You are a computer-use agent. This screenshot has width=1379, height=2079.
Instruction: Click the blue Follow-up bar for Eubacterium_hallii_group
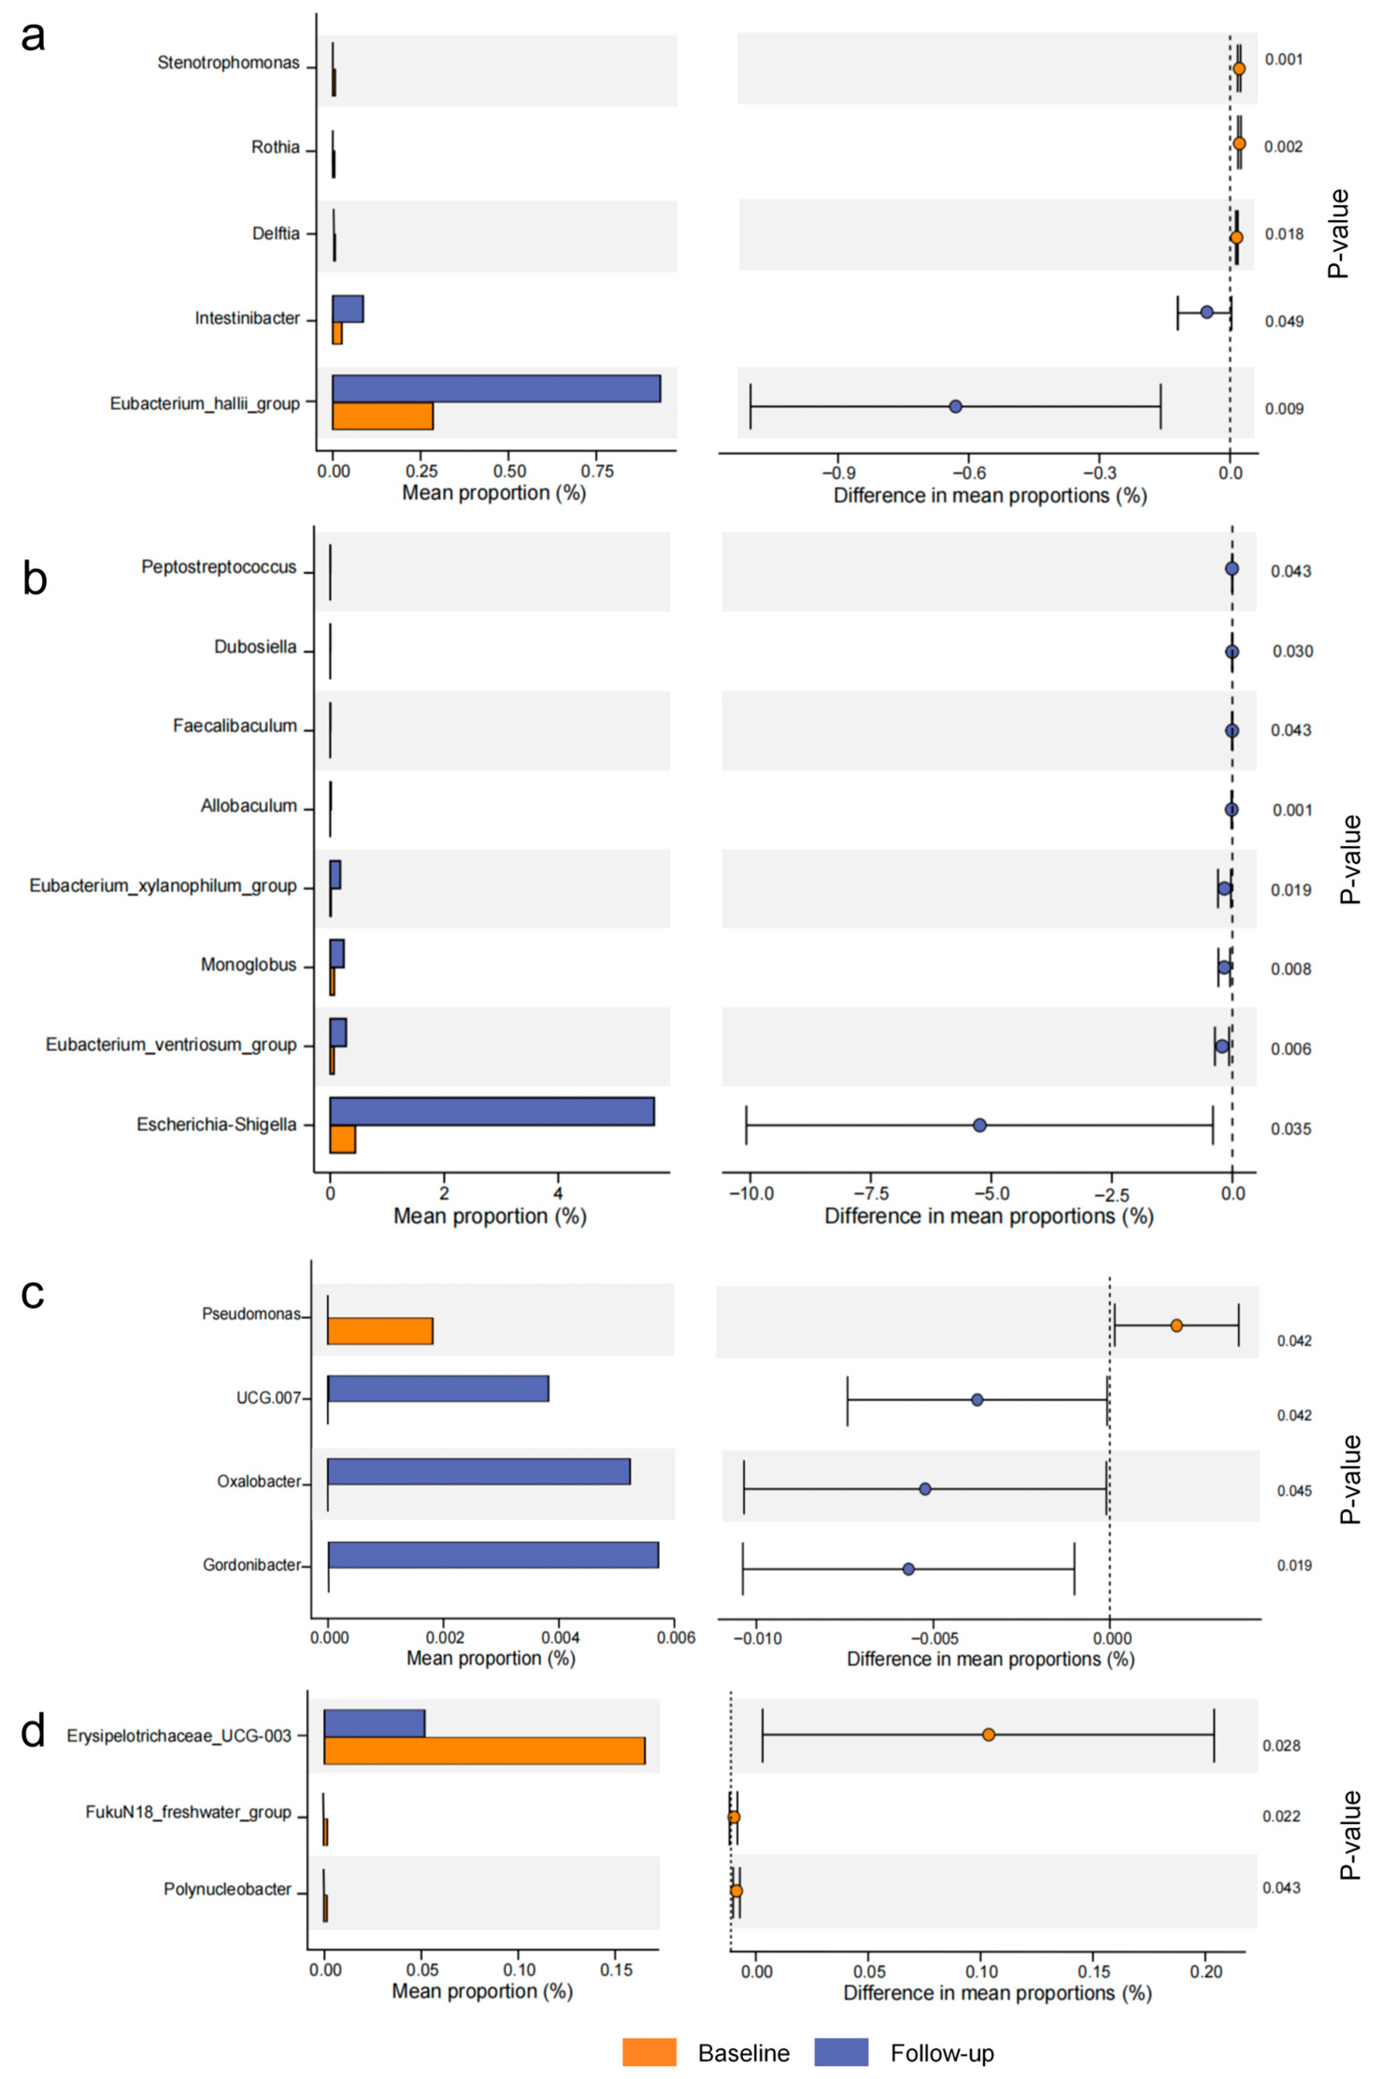(496, 389)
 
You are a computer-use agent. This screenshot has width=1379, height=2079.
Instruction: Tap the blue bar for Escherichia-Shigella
(491, 1111)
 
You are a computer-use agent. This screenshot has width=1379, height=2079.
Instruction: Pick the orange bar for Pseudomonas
(380, 1331)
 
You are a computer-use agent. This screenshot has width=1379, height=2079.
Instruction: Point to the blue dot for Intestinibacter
(1207, 312)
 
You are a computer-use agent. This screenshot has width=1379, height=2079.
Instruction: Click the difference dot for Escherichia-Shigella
(980, 1125)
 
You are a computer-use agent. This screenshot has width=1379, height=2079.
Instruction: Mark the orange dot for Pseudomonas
(1177, 1325)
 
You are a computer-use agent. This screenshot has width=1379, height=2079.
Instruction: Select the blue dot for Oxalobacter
(925, 1489)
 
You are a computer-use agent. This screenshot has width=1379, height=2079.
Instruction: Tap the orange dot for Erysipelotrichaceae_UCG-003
(988, 1734)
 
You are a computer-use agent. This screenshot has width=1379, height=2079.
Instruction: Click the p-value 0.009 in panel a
(1284, 409)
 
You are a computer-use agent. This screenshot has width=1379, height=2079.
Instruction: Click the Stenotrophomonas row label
(228, 64)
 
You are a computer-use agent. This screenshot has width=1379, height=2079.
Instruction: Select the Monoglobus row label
(249, 966)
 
